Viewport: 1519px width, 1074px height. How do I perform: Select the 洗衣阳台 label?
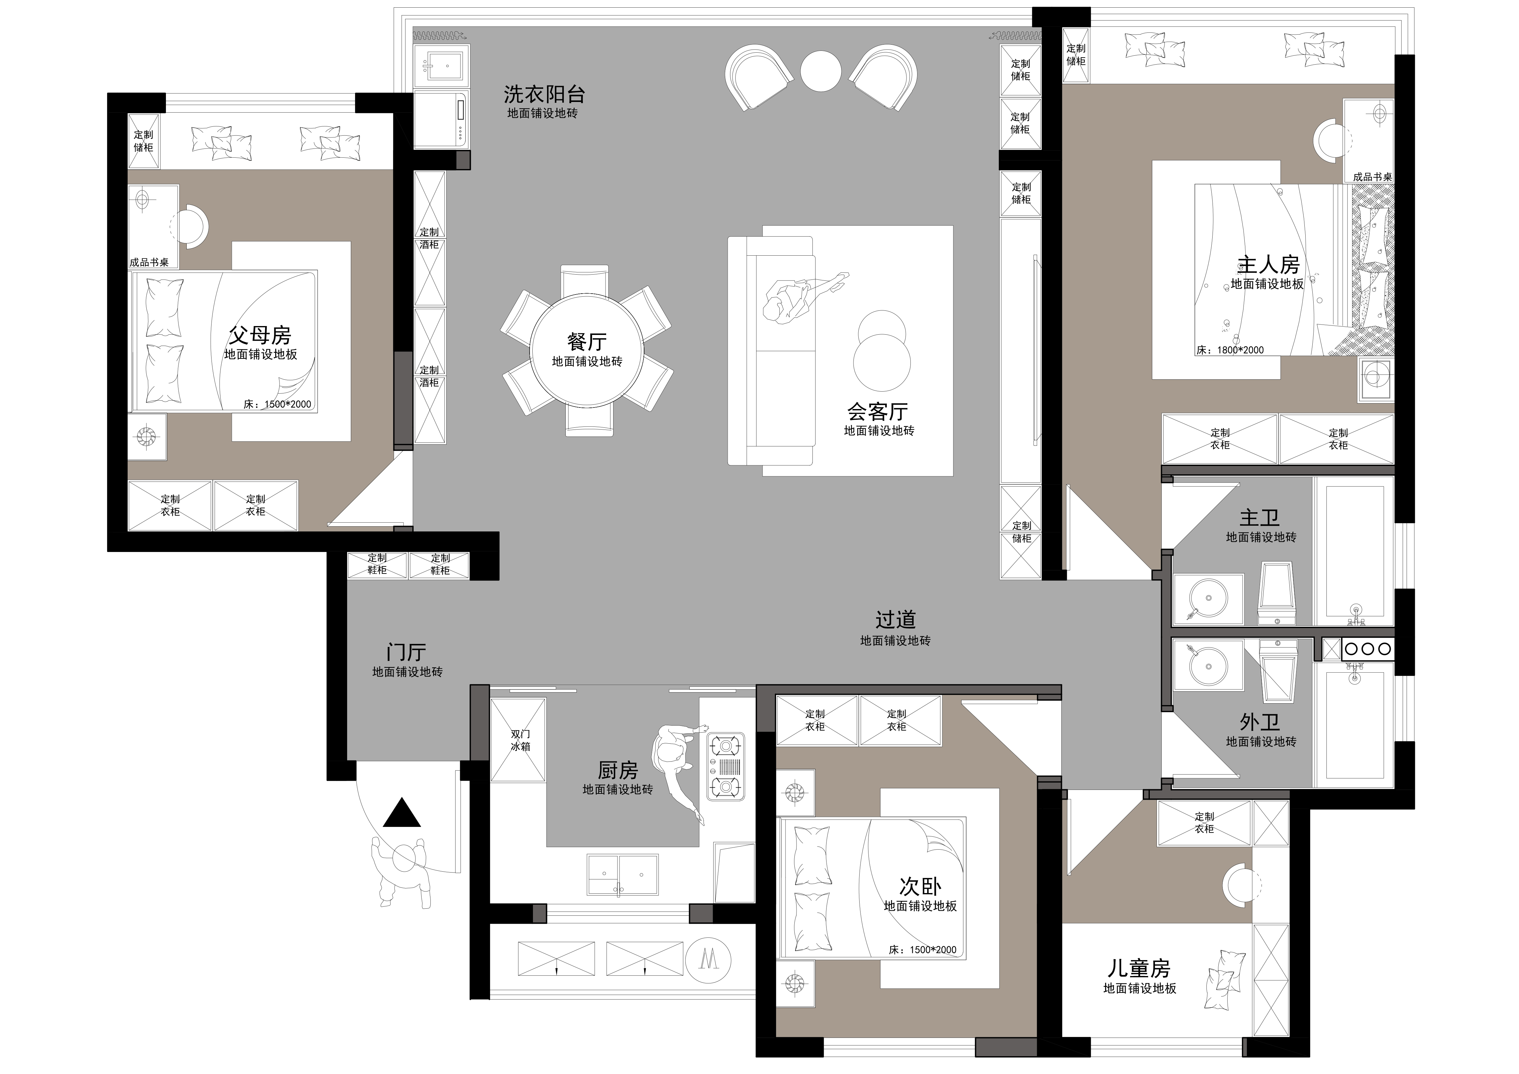pyautogui.click(x=544, y=94)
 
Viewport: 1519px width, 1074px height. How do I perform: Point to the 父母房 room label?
pyautogui.click(x=260, y=336)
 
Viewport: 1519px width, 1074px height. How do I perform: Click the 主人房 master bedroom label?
pyautogui.click(x=1268, y=265)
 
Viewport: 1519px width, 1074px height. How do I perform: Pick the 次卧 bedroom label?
pyautogui.click(x=920, y=886)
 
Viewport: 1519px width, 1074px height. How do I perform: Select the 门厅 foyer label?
pyautogui.click(x=406, y=652)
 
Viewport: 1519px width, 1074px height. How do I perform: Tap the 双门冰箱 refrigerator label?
pyautogui.click(x=520, y=740)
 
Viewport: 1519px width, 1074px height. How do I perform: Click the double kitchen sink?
pyautogui.click(x=623, y=875)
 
